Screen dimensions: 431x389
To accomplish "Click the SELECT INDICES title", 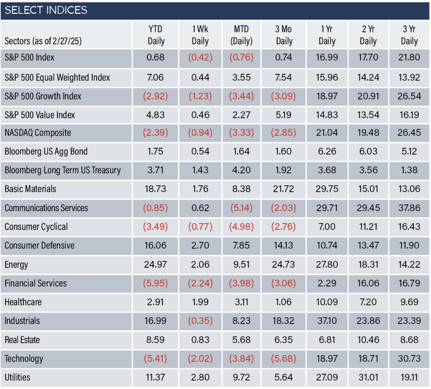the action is pyautogui.click(x=46, y=10).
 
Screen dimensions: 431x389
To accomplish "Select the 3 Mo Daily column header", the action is pyautogui.click(x=284, y=35).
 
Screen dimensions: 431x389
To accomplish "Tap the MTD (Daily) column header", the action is pyautogui.click(x=241, y=35).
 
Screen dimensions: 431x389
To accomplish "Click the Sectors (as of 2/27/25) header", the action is pyautogui.click(x=43, y=41).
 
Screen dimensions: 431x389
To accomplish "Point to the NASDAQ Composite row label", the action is pyautogui.click(x=37, y=133).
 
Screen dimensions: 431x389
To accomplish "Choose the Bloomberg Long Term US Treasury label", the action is pyautogui.click(x=63, y=171).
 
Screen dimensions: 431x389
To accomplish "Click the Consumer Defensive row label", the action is pyautogui.click(x=40, y=245).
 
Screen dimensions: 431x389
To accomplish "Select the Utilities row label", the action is pyautogui.click(x=17, y=378).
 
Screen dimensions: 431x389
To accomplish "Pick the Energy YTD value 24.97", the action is pyautogui.click(x=156, y=265).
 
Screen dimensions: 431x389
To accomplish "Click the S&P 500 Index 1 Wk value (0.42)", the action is pyautogui.click(x=200, y=57).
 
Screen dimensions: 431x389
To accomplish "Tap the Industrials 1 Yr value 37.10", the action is pyautogui.click(x=327, y=321).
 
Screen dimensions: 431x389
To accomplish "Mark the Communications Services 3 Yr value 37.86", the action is pyautogui.click(x=409, y=208).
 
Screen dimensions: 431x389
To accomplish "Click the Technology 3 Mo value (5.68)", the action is pyautogui.click(x=284, y=359).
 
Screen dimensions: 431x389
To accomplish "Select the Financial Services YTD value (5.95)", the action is pyautogui.click(x=156, y=284).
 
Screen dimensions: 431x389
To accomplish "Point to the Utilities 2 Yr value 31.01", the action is pyautogui.click(x=368, y=378).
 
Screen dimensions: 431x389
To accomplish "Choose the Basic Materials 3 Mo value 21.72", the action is pyautogui.click(x=284, y=189).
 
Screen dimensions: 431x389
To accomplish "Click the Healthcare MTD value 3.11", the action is pyautogui.click(x=241, y=302).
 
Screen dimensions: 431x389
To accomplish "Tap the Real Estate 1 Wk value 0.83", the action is pyautogui.click(x=200, y=340).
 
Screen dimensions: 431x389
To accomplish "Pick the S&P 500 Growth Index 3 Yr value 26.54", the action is pyautogui.click(x=409, y=96).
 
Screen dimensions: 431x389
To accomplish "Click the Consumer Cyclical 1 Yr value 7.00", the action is pyautogui.click(x=327, y=227).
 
